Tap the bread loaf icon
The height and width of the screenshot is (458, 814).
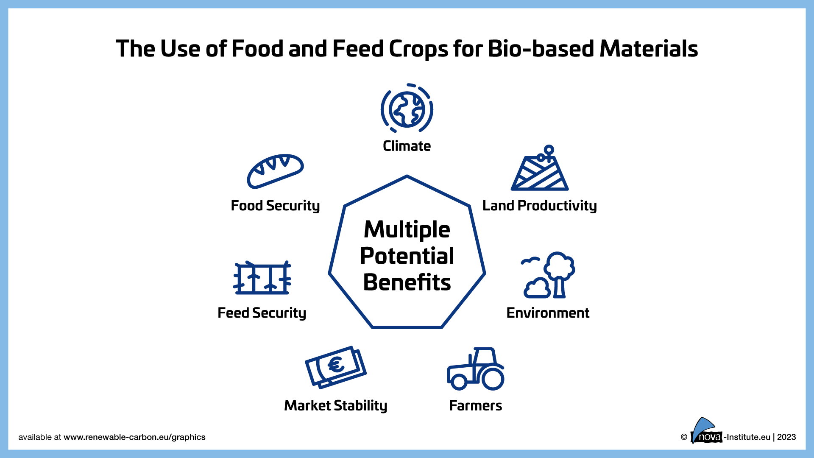[275, 171]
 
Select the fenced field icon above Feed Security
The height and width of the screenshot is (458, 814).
[262, 278]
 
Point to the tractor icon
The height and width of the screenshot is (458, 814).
[476, 369]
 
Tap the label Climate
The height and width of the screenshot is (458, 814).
[407, 146]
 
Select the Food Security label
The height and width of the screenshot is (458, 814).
[275, 206]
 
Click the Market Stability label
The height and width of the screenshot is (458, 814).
[336, 406]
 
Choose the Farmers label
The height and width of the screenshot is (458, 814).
[476, 406]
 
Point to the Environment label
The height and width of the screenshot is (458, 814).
[548, 313]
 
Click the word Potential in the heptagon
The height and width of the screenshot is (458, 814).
[407, 256]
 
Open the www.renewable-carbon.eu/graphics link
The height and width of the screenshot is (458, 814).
[134, 437]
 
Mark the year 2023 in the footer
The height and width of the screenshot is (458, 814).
[786, 437]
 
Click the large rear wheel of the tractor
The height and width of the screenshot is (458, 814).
[493, 379]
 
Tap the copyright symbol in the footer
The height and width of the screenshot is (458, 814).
[684, 437]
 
